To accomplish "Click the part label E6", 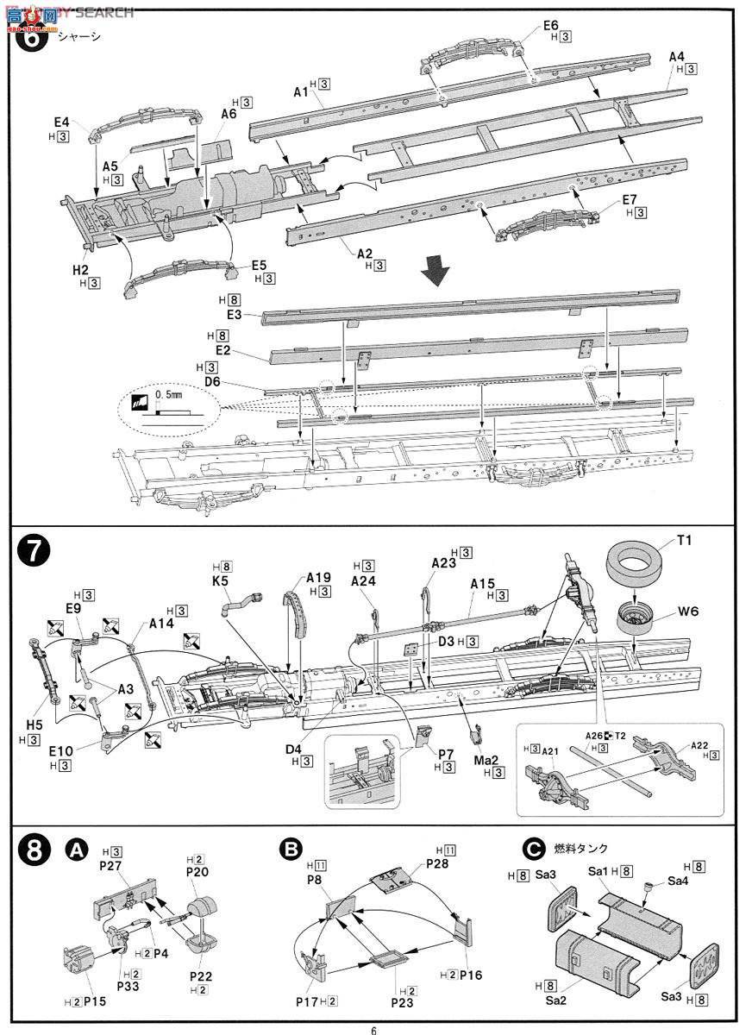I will (x=551, y=26).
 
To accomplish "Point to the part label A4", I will (x=677, y=57).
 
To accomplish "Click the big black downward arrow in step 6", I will (x=436, y=275).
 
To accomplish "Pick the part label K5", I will (x=221, y=580).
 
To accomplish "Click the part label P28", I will (x=439, y=863).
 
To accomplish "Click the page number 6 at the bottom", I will (x=374, y=1029).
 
